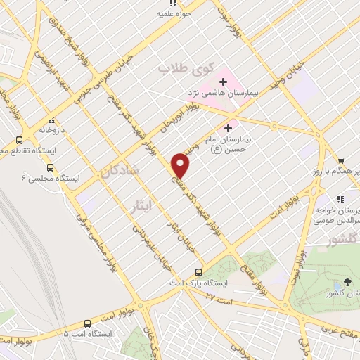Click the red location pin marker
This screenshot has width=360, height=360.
[181, 165]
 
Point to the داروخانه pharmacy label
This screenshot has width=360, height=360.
[52, 130]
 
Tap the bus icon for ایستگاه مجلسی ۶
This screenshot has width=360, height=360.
[50, 167]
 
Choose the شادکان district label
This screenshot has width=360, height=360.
[120, 171]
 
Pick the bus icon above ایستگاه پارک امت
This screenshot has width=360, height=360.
[198, 271]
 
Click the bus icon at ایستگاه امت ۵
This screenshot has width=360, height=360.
[87, 323]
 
